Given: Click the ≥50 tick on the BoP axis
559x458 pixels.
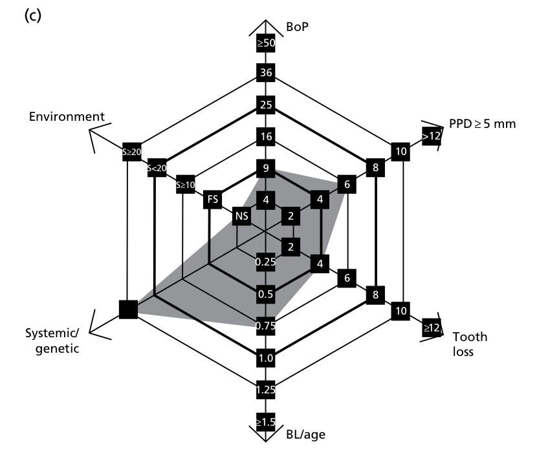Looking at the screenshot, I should (x=265, y=43).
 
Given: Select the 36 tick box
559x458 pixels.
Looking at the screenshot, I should (x=265, y=72).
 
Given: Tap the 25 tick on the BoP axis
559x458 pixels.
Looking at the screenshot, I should (x=265, y=105).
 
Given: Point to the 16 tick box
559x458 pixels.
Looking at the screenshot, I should (x=265, y=137).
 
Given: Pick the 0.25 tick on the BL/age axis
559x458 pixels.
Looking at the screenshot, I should (x=265, y=262).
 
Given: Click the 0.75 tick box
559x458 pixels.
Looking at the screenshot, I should (x=265, y=326).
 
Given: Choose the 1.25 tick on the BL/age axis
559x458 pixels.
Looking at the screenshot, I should (x=265, y=389).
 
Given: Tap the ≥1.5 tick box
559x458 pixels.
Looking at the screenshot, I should (x=265, y=421).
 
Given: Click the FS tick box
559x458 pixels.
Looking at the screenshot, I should (x=212, y=200).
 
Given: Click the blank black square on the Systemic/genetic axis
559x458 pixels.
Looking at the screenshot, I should (x=129, y=310).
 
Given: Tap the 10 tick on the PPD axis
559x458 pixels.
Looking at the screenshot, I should (x=400, y=151).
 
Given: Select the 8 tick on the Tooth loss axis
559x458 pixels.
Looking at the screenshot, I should (x=375, y=295).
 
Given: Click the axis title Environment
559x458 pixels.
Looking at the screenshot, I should (x=67, y=117).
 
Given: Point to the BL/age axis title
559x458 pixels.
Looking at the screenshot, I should (x=305, y=434).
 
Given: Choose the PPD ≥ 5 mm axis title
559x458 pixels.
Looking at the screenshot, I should (x=482, y=123).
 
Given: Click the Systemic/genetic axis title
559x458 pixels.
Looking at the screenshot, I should (x=52, y=341).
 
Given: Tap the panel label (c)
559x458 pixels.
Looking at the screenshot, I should (x=32, y=16).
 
